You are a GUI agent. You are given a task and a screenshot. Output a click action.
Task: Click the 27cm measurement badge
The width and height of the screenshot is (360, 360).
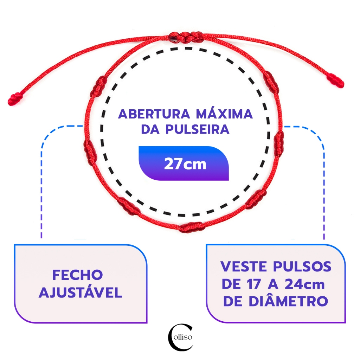tap(184, 163)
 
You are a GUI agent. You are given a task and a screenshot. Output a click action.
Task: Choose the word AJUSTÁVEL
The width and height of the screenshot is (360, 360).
tap(81, 293)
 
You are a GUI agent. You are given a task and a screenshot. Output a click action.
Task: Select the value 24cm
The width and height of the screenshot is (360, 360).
tap(304, 284)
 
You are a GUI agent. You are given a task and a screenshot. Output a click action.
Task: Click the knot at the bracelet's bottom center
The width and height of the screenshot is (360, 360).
tap(192, 227)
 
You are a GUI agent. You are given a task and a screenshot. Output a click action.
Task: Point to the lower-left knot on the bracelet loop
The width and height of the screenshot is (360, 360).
tap(129, 206)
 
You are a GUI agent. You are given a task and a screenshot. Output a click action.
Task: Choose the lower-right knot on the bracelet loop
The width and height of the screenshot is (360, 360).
tap(254, 199)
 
